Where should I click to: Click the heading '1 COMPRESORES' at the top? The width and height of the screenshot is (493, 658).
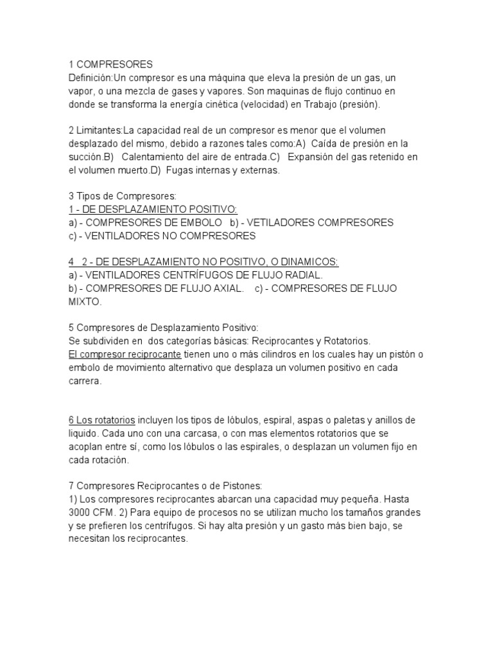pyautogui.click(x=110, y=64)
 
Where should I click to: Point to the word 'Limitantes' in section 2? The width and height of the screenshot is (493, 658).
pyautogui.click(x=99, y=131)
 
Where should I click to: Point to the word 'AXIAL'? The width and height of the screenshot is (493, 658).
pyautogui.click(x=226, y=288)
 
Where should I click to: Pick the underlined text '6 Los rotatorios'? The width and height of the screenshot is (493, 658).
pyautogui.click(x=101, y=420)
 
